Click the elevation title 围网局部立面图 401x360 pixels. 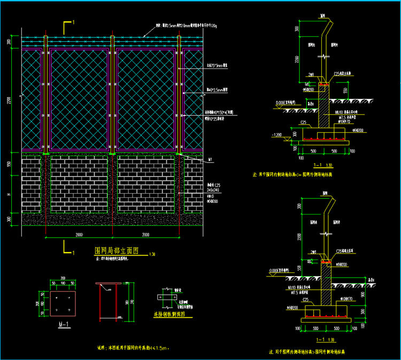pos(117,250)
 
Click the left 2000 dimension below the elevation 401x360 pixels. pos(79,235)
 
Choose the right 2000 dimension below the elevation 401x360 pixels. pos(145,235)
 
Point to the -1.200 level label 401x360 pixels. pos(277,134)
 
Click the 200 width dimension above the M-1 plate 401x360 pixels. pos(63,279)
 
